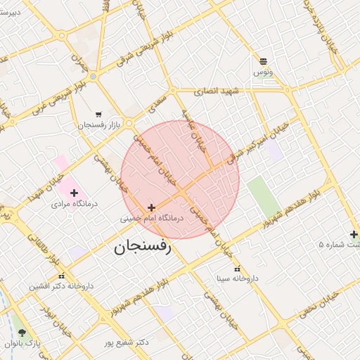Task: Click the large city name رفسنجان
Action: click(141, 247)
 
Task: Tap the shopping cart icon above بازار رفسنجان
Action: click(98, 114)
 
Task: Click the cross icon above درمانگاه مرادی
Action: click(75, 193)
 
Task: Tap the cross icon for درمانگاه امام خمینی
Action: click(151, 207)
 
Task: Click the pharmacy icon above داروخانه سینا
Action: click(237, 268)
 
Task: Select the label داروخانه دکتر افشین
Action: click(61, 287)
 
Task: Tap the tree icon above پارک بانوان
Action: click(22, 333)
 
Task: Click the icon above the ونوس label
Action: click(263, 62)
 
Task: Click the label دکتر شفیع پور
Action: click(127, 342)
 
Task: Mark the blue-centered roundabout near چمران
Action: click(93, 75)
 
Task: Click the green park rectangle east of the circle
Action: click(262, 196)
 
